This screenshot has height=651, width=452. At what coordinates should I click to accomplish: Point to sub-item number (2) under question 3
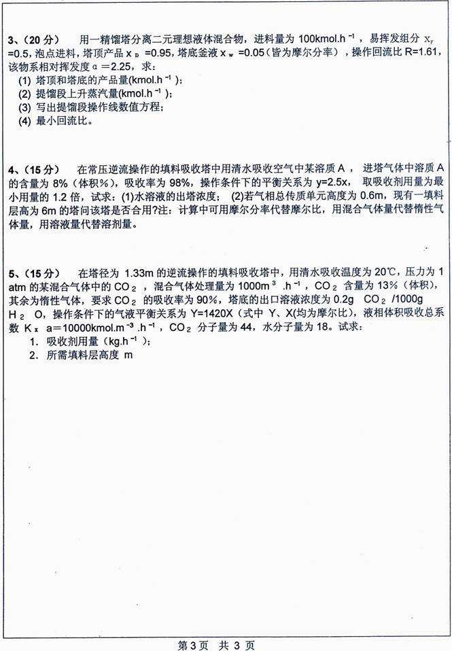click(x=24, y=94)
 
